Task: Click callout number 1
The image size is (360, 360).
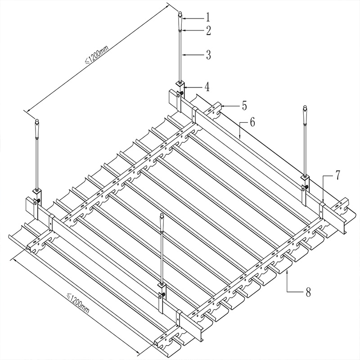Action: pyautogui.click(x=208, y=17)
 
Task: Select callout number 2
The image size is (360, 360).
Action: pyautogui.click(x=208, y=31)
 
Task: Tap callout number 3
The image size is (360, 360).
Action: pyautogui.click(x=208, y=55)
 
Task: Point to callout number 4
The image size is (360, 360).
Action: pyautogui.click(x=207, y=87)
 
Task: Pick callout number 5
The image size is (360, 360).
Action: pyautogui.click(x=244, y=106)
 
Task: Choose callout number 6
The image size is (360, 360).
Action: pyautogui.click(x=252, y=122)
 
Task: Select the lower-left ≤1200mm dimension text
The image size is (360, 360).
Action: pyautogui.click(x=77, y=303)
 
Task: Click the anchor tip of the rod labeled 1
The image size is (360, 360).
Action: pyautogui.click(x=180, y=13)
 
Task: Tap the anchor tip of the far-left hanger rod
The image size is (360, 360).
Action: pyautogui.click(x=37, y=120)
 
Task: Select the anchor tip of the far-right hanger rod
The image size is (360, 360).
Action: pyautogui.click(x=305, y=107)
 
